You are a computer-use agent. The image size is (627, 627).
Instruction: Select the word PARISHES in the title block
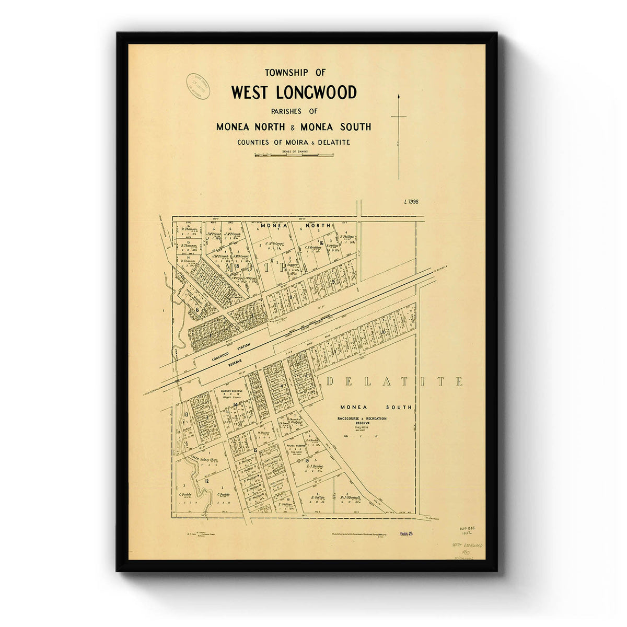point(287,111)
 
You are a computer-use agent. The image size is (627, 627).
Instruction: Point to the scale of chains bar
point(294,155)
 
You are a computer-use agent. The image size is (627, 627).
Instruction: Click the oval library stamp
point(201,85)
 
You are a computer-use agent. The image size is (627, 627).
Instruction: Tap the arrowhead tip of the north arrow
point(399,96)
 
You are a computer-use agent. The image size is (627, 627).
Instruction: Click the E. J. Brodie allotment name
point(312,466)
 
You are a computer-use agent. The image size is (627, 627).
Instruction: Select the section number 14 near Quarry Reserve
point(236,405)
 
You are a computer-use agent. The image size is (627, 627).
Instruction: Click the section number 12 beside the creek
point(207,481)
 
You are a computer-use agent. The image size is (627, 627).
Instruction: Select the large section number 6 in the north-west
point(198,309)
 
